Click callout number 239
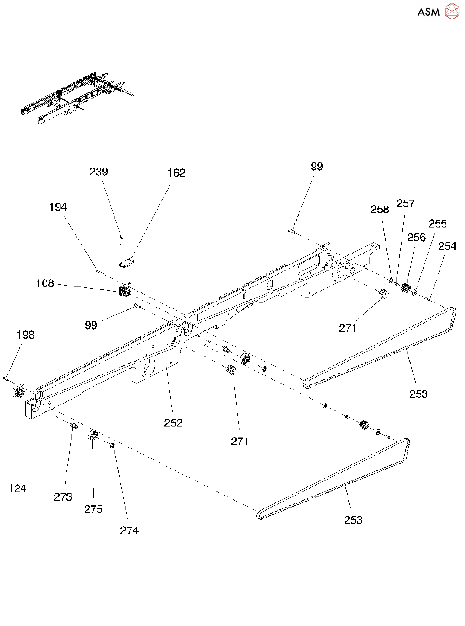98,172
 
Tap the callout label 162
176,173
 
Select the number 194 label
58,207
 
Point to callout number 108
45,283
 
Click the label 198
25,335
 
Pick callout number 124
17,489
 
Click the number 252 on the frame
173,423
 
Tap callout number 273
63,497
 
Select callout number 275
93,509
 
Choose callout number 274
129,531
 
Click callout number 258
380,210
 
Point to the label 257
405,203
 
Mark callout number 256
416,237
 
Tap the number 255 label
437,224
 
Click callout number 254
447,246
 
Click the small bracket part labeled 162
126,263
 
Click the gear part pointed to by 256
405,287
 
